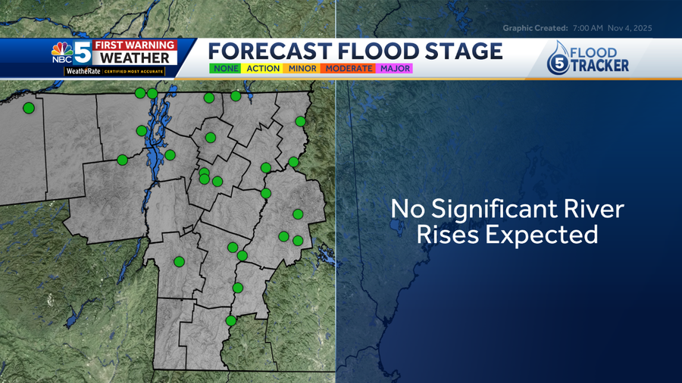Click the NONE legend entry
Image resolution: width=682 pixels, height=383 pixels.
[x=226, y=69]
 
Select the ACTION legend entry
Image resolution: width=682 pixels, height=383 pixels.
[x=263, y=69]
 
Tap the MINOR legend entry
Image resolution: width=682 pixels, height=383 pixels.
[x=302, y=69]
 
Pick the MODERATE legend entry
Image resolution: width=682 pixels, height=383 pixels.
[x=349, y=69]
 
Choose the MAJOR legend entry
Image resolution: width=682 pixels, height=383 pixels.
[x=395, y=69]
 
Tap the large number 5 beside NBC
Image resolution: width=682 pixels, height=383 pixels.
[x=83, y=53]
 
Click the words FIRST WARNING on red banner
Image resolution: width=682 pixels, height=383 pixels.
[x=136, y=45]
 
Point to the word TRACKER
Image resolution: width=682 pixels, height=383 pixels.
[x=600, y=66]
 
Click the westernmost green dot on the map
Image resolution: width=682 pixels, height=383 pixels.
[x=29, y=108]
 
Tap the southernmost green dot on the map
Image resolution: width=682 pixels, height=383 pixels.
[x=231, y=321]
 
